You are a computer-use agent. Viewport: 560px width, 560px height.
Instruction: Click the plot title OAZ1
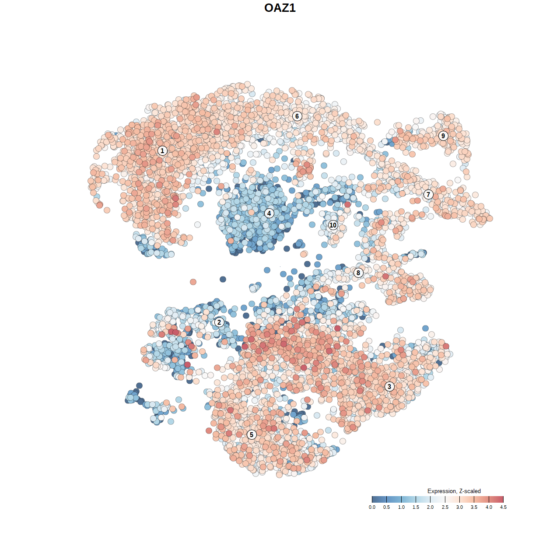(x=280, y=8)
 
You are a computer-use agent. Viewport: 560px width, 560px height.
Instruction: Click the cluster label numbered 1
(x=162, y=150)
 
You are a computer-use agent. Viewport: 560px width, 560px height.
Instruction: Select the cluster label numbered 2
(x=219, y=322)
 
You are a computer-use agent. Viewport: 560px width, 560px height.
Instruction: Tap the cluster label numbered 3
(x=389, y=386)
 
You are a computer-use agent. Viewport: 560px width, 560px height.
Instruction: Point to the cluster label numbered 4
(x=269, y=213)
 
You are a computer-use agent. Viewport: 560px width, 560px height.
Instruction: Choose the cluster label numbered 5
(x=252, y=434)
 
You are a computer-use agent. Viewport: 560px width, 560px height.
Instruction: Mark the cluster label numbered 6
(x=297, y=116)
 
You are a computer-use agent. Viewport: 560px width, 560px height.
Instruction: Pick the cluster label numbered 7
(x=428, y=194)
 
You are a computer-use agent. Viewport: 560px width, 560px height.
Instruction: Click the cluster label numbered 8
(x=358, y=273)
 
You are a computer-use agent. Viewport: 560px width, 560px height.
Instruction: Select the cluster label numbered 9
(x=443, y=136)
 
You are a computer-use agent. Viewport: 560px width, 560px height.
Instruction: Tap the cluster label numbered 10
(x=333, y=225)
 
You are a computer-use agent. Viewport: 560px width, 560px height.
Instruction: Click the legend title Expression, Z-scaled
(x=454, y=491)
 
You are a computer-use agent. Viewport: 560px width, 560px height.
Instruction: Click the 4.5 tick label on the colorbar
(x=503, y=507)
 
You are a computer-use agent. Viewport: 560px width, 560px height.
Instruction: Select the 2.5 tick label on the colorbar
(x=445, y=507)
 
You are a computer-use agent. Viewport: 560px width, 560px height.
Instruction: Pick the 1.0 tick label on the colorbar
(x=401, y=507)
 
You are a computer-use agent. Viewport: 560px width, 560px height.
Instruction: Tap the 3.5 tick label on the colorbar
(x=474, y=507)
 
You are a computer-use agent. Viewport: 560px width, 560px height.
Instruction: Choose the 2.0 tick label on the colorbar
(x=430, y=507)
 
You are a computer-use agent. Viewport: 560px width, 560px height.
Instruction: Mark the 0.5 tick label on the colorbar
(x=386, y=507)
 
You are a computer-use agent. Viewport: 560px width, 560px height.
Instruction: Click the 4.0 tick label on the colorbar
(x=489, y=507)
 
